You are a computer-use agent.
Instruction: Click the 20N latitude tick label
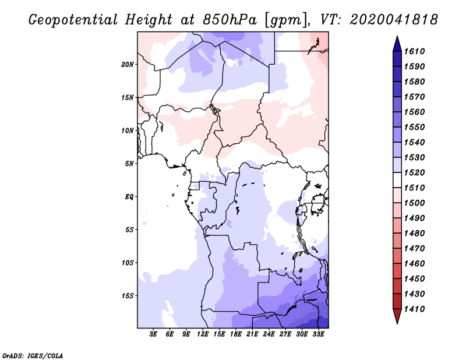(x=128, y=64)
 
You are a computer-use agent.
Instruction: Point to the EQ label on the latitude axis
(x=129, y=196)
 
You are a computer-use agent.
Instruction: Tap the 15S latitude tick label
(x=128, y=295)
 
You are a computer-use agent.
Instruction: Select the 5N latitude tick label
(x=129, y=164)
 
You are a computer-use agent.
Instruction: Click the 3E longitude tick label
(x=154, y=334)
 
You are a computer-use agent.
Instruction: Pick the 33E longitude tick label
(x=319, y=334)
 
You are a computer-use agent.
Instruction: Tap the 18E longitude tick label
(x=236, y=334)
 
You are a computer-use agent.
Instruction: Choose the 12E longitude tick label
(x=203, y=334)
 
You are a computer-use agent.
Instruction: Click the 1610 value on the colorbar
(x=416, y=51)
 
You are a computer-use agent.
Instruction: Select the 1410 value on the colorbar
(x=416, y=309)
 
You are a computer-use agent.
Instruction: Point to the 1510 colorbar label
(x=416, y=188)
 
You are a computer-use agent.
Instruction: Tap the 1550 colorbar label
(x=416, y=127)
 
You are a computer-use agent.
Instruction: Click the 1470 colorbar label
(x=416, y=248)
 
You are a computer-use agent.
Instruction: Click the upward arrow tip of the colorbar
(x=397, y=38)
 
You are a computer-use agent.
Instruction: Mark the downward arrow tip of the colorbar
(x=397, y=322)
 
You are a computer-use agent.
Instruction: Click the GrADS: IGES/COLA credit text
(x=33, y=355)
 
